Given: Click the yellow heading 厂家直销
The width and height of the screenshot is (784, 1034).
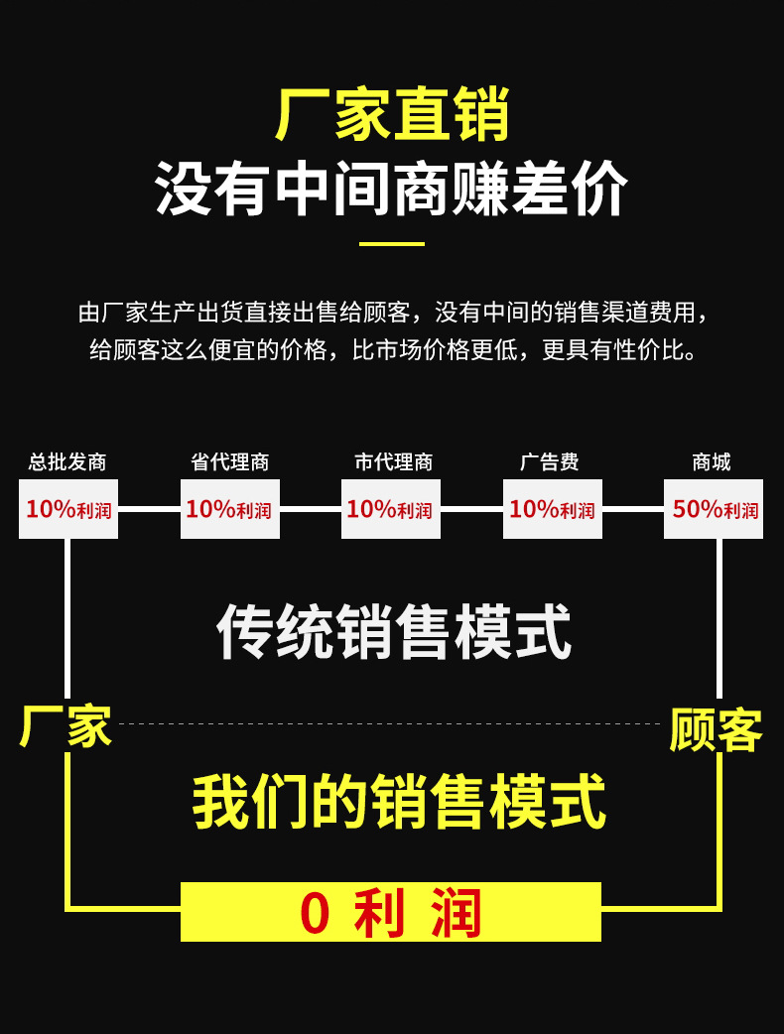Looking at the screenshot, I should [392, 114].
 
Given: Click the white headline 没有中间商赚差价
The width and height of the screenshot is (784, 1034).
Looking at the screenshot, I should [392, 189].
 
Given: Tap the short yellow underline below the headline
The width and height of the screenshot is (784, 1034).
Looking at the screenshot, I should [391, 243].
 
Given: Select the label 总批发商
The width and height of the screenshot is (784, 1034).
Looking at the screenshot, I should [67, 462].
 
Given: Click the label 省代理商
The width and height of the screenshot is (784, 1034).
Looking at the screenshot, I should [229, 462].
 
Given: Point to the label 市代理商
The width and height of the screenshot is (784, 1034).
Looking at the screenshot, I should [393, 462].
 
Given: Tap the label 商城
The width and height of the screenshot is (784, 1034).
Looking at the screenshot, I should [712, 462].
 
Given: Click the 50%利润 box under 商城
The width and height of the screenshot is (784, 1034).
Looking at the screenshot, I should [714, 509].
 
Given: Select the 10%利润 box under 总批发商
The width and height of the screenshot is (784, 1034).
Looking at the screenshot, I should [68, 509].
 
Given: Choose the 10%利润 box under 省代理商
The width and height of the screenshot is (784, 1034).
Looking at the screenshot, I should [229, 509].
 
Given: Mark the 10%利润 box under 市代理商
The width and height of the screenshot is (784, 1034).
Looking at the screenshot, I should [391, 509].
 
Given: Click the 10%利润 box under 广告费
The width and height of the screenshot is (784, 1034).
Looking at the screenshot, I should [552, 509].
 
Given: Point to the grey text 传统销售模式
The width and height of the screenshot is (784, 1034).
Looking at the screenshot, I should [394, 632].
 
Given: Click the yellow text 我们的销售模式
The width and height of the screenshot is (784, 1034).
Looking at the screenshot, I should [398, 802].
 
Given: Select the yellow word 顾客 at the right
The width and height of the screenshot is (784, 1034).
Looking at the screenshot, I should [716, 731].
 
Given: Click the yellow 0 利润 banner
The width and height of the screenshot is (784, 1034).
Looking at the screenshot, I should [391, 912].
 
